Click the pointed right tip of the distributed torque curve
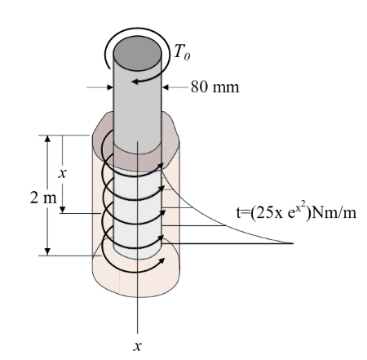click(292, 242)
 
